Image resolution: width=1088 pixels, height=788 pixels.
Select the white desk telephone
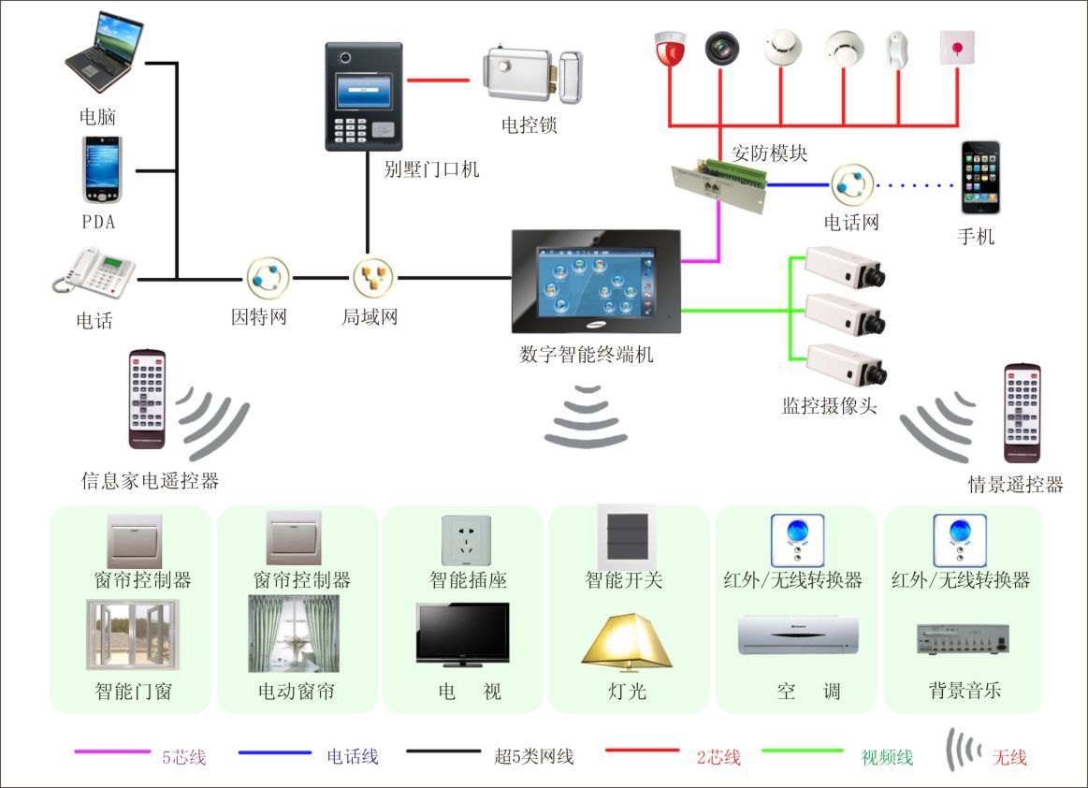pyautogui.click(x=94, y=272)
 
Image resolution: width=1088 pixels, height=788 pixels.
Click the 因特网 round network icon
pyautogui.click(x=268, y=278)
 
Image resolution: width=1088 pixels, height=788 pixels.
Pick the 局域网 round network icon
pyautogui.click(x=373, y=278)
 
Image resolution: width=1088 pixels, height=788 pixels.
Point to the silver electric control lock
pyautogui.click(x=532, y=76)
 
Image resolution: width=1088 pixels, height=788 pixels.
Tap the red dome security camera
pyautogui.click(x=670, y=51)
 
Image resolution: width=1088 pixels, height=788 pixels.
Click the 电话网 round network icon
pyautogui.click(x=852, y=184)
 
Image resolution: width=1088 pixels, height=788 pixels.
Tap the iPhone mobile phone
pyautogui.click(x=979, y=178)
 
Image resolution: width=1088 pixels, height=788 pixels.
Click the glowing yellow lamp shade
pyautogui.click(x=627, y=639)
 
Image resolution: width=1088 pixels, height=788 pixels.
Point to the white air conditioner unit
pyautogui.click(x=798, y=635)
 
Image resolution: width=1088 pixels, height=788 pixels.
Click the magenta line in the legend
pyautogui.click(x=112, y=752)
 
